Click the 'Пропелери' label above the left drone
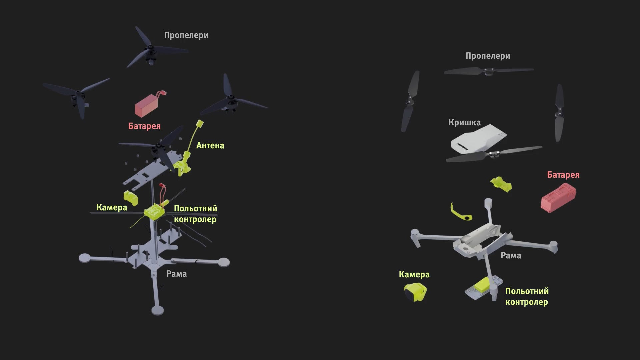186,35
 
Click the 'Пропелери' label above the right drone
488,56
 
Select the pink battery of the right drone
558,199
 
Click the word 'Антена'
210,146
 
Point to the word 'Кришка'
464,123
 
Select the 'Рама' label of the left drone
176,274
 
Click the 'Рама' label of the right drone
511,256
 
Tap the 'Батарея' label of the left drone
144,126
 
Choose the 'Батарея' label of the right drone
563,175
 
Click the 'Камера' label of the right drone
414,275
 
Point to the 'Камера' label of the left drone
112,208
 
